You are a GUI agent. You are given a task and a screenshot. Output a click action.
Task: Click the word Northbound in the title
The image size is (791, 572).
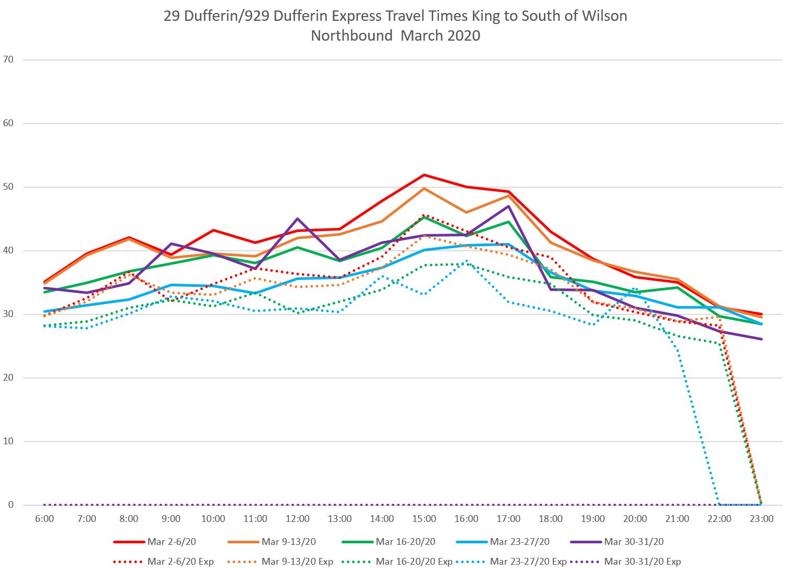coord(351,35)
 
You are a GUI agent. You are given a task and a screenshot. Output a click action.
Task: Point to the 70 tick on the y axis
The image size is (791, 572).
coord(8,59)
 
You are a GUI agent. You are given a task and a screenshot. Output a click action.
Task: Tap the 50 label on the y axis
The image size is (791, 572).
coord(8,187)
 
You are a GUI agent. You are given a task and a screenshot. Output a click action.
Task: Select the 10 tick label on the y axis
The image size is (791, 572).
coord(8,441)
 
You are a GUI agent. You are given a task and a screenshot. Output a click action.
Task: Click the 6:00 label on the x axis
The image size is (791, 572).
coord(44,519)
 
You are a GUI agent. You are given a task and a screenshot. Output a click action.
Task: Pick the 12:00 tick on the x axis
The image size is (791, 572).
coord(298,519)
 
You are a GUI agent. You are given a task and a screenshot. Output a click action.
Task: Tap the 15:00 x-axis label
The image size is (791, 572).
coord(424,519)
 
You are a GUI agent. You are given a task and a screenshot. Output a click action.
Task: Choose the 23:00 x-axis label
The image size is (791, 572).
coord(761,519)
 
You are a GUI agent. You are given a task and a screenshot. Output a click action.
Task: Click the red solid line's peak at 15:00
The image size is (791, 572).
coord(424,175)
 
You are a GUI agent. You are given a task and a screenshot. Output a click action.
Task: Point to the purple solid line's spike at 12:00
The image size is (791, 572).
coord(298,218)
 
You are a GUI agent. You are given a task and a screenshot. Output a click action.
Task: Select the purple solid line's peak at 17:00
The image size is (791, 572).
coord(508,206)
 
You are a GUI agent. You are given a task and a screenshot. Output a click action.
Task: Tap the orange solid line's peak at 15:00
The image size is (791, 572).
coord(424,188)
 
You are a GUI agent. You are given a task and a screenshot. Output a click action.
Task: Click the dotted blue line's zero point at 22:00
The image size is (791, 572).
coord(720,505)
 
